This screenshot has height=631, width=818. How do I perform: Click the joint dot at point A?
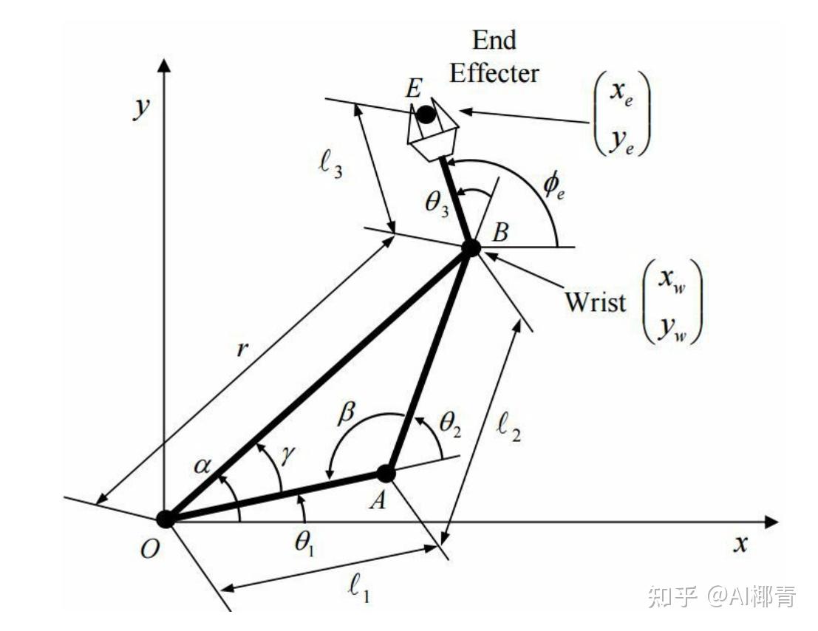tap(386, 474)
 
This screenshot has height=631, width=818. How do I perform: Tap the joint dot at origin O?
tap(166, 519)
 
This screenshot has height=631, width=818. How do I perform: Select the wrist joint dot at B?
tap(471, 248)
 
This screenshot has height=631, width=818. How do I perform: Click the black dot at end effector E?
tap(426, 115)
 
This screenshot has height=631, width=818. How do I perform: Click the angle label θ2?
tap(451, 423)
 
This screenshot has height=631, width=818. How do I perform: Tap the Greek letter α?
tap(202, 465)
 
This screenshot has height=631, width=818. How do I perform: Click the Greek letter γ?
tap(288, 454)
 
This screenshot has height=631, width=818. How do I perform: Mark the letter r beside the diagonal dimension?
tap(241, 349)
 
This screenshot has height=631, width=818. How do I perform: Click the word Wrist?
tap(596, 302)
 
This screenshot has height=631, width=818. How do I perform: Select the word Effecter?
tap(494, 73)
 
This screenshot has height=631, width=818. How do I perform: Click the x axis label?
tap(740, 545)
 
